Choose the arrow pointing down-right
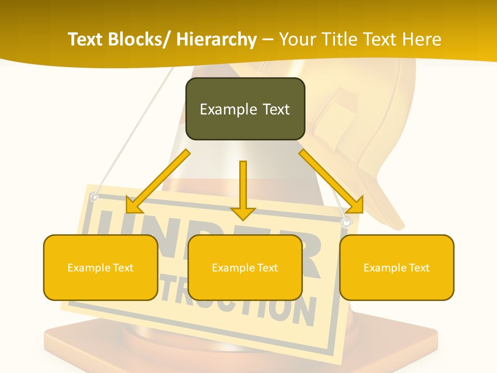[331, 181]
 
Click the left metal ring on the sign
[94, 197]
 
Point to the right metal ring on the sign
[346, 222]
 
